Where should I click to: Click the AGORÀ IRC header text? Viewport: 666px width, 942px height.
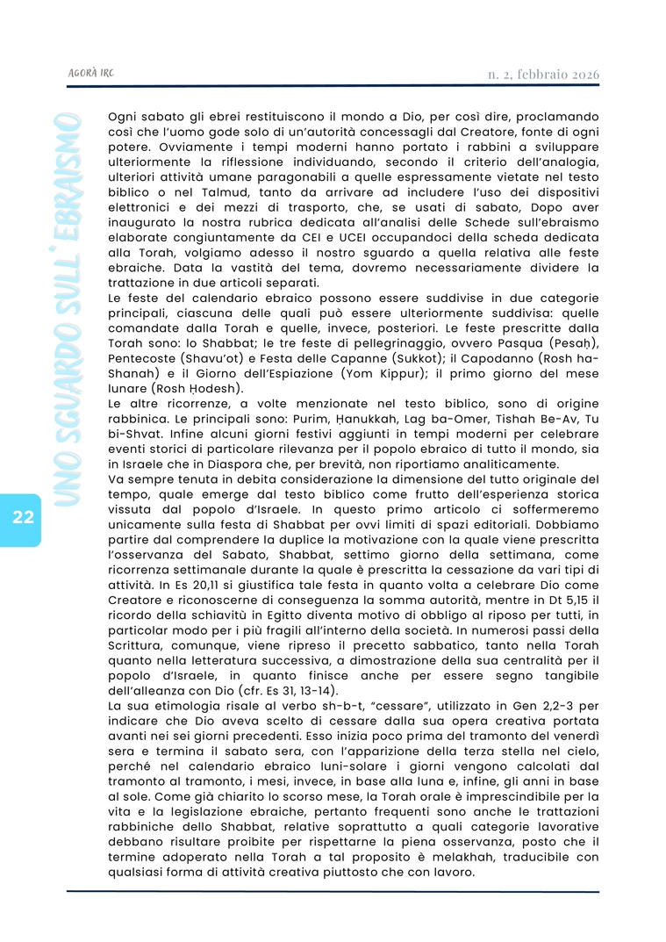tap(90, 74)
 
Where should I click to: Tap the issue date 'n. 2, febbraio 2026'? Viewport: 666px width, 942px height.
tap(543, 74)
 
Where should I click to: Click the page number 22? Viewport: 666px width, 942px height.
tap(24, 515)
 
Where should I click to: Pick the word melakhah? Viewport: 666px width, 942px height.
tap(440, 857)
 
